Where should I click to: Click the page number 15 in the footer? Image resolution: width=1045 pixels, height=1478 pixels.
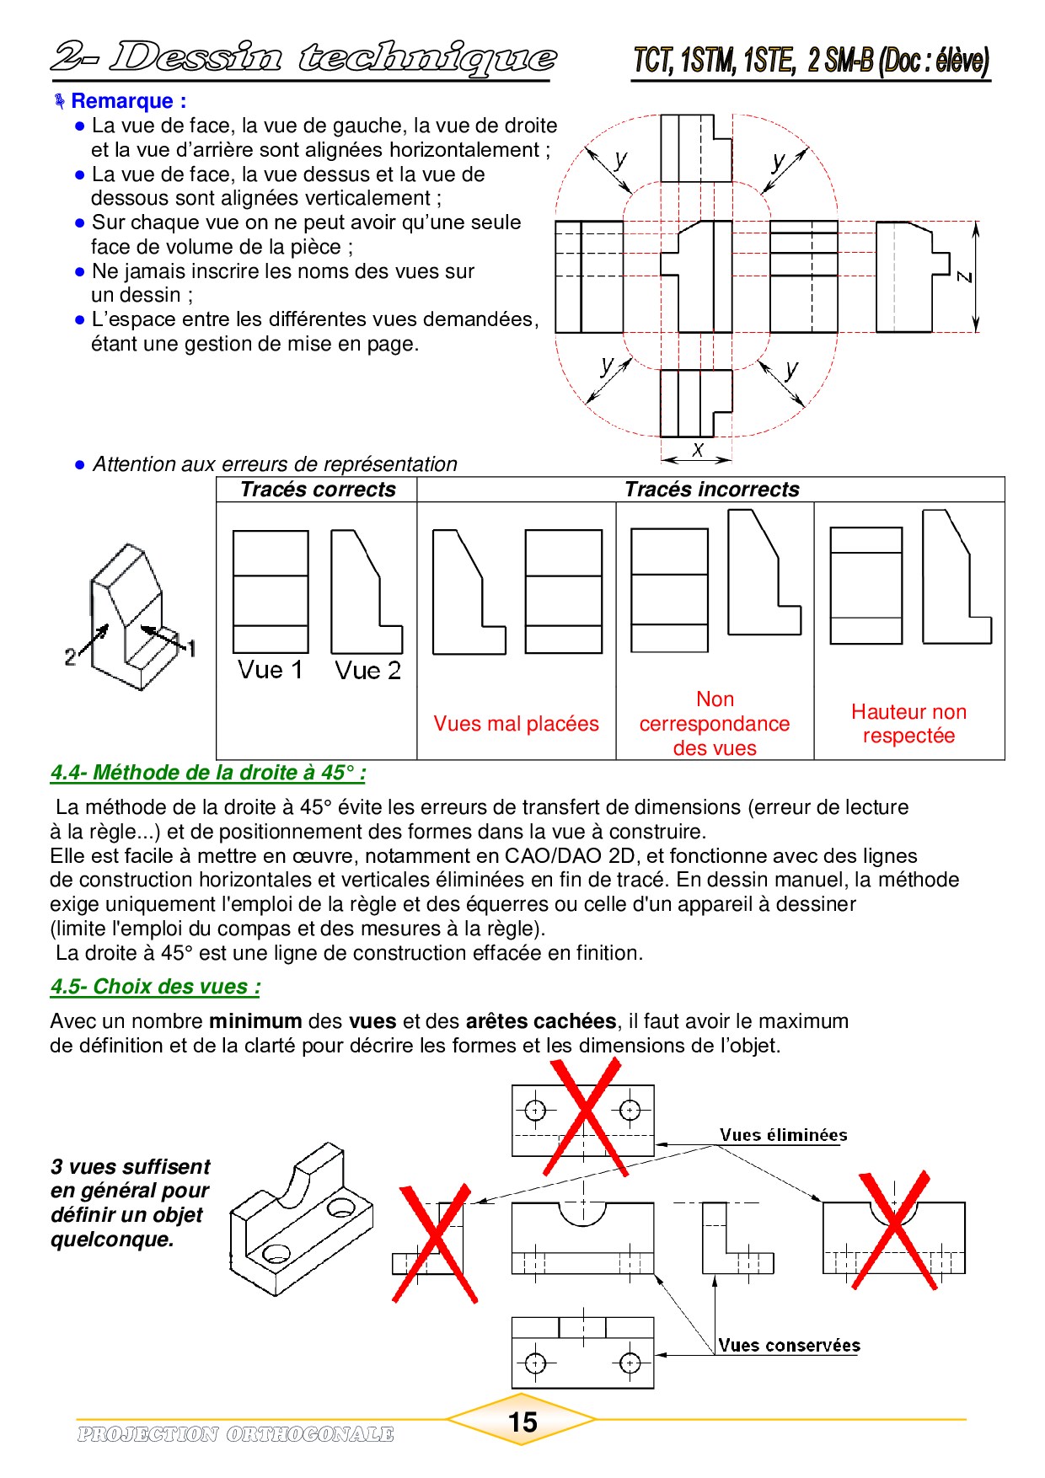522,1422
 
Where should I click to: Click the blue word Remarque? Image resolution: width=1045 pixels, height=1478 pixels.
122,101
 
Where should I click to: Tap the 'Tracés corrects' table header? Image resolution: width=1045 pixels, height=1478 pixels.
318,490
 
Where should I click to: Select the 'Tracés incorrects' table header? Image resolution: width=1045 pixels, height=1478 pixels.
711,490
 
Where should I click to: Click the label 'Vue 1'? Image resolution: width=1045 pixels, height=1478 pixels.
270,670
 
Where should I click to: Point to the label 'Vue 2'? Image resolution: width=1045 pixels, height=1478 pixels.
367,671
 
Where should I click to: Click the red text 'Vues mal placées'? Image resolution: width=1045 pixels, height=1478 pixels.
516,724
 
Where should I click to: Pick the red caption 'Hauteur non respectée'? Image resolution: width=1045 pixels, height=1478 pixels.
908,724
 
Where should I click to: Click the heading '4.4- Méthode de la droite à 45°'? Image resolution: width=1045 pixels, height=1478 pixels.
207,773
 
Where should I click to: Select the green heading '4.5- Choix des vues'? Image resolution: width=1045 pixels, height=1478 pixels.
155,987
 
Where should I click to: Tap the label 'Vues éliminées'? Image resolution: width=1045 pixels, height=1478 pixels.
783,1135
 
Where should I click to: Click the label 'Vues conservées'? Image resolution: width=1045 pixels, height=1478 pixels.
789,1346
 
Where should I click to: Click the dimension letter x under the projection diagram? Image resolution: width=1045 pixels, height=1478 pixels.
697,450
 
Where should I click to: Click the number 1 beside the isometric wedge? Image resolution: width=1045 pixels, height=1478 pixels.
191,648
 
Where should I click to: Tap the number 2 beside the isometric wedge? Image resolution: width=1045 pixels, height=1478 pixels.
71,657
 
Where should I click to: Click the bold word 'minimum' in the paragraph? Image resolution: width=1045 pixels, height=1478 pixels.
255,1021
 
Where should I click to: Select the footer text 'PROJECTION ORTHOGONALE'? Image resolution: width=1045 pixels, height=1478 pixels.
235,1434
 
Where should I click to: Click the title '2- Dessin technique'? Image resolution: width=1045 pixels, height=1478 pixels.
303,57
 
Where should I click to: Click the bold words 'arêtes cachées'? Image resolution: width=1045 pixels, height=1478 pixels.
540,1021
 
